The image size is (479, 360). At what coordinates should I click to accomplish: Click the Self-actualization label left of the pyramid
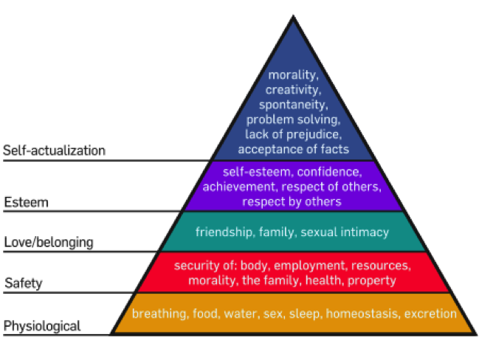tap(54, 150)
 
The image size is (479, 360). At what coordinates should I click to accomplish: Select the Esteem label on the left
tap(27, 201)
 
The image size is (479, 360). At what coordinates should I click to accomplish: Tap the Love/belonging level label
tap(49, 242)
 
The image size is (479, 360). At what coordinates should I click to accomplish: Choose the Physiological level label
tap(42, 325)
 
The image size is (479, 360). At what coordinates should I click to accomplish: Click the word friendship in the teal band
tap(223, 232)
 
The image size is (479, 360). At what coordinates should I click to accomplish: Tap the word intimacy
tap(363, 232)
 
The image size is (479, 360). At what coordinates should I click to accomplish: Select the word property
tap(373, 280)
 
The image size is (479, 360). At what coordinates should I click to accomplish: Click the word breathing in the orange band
tap(158, 314)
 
